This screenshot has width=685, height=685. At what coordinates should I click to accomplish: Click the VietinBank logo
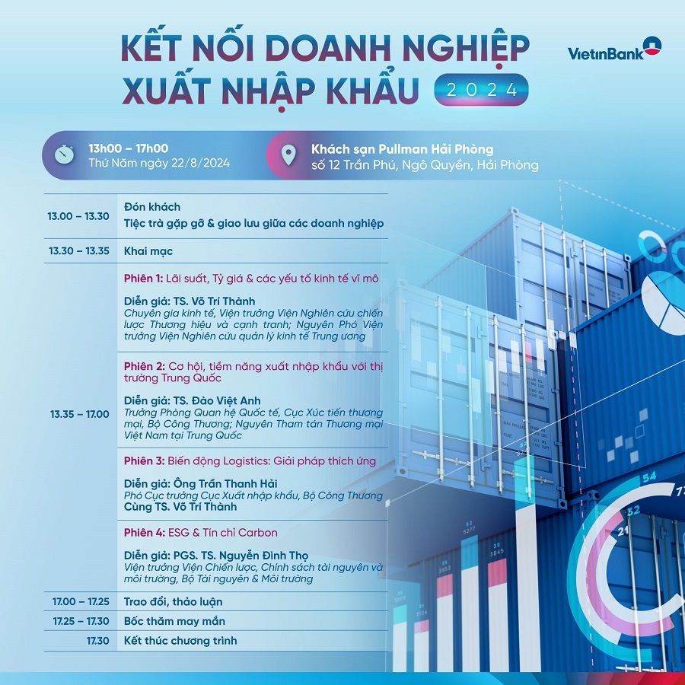[615, 49]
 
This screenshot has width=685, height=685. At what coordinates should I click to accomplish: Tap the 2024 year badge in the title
[481, 90]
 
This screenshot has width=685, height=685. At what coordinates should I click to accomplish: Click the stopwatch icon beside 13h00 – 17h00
[64, 155]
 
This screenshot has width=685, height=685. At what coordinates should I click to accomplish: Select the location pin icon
[288, 155]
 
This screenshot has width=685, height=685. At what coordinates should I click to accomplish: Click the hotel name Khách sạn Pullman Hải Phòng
[403, 149]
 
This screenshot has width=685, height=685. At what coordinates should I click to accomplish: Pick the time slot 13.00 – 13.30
[78, 216]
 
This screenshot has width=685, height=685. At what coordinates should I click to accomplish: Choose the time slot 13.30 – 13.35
[79, 250]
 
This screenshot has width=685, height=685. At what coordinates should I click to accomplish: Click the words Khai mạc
[148, 251]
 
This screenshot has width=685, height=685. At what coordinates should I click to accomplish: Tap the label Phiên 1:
[143, 279]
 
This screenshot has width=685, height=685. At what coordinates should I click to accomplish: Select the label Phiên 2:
[144, 366]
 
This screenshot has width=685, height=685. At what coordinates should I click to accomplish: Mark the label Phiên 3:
[144, 461]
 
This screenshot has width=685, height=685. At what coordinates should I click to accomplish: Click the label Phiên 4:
[145, 533]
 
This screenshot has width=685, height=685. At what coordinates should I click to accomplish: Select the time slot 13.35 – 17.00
[79, 414]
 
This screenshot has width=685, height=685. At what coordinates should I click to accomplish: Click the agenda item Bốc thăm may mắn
[175, 621]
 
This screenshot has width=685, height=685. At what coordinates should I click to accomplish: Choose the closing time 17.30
[98, 641]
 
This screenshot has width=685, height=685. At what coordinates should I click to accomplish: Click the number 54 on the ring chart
[649, 476]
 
